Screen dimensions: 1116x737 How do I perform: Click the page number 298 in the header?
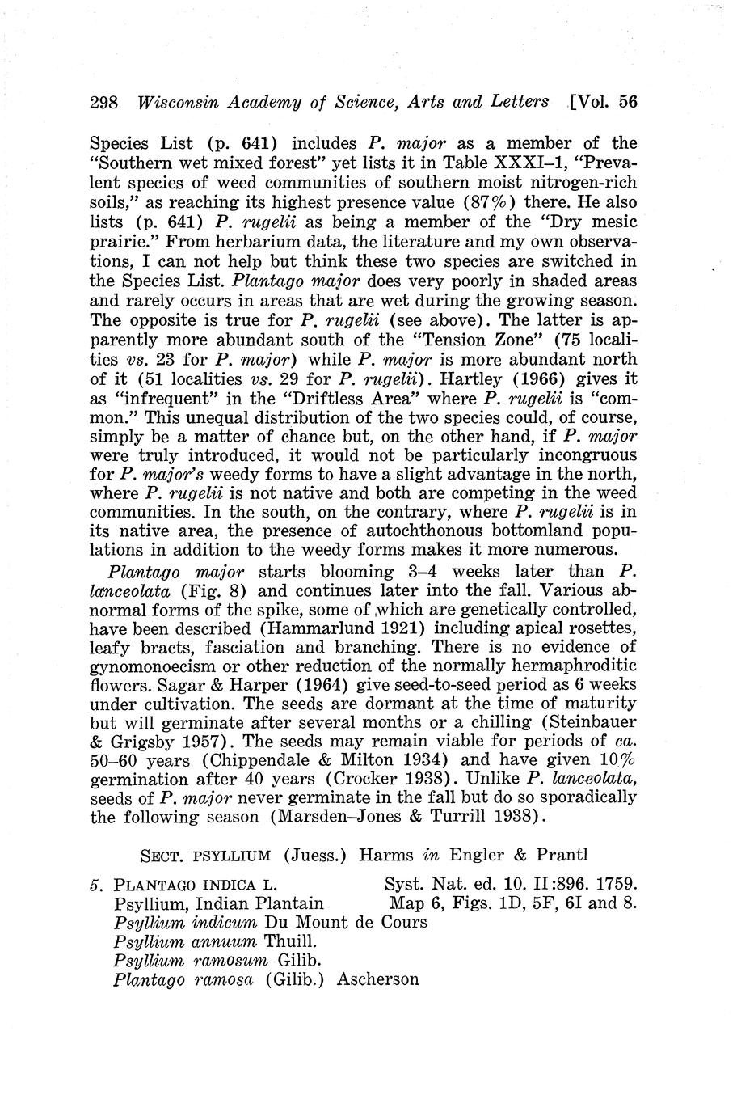pos(104,102)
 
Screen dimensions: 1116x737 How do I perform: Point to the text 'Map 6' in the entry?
pos(414,903)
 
